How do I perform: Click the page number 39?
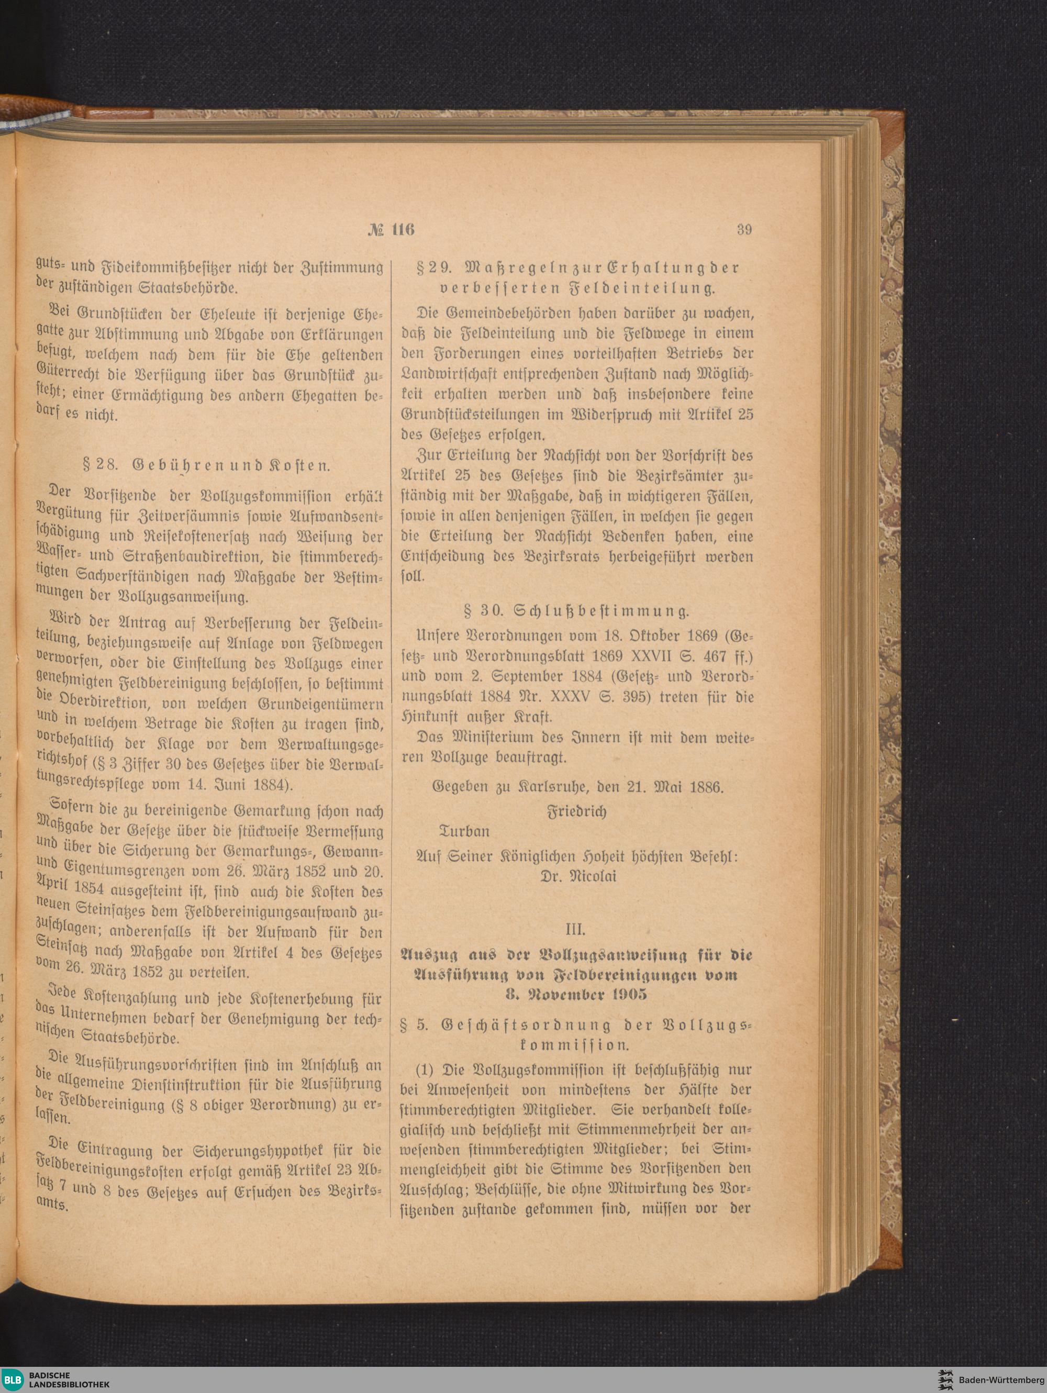[744, 229]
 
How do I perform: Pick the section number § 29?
[430, 268]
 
